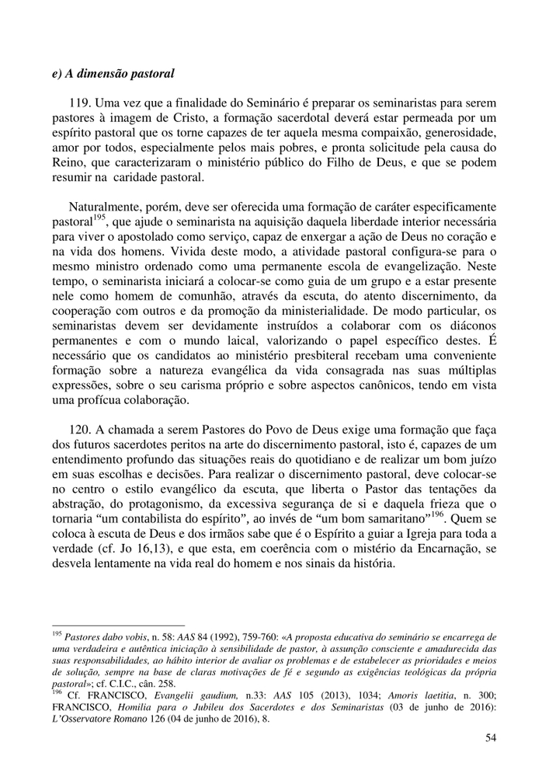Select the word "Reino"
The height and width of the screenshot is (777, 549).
tap(67, 162)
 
